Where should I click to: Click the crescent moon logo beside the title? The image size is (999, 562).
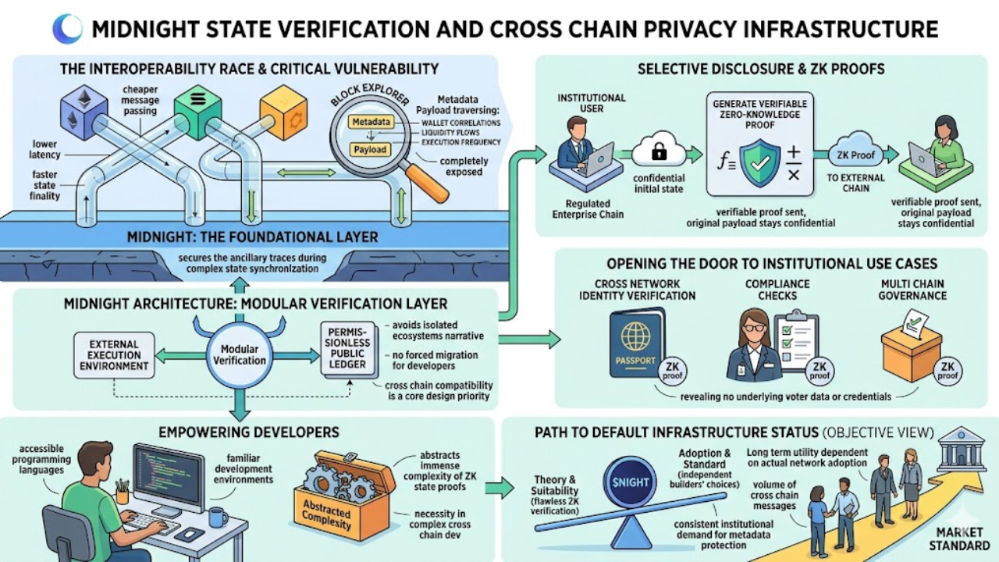point(67,29)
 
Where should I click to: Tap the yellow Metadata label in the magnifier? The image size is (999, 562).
point(371,123)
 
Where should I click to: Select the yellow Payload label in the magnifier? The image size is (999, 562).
point(369,149)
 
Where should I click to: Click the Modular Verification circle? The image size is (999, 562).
point(240,354)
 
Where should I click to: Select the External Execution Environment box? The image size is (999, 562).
point(113,354)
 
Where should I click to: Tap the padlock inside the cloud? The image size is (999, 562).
point(659,153)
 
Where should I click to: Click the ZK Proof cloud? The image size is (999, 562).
point(856,154)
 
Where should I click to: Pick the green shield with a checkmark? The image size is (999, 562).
point(759,162)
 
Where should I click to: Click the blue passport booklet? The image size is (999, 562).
point(637,343)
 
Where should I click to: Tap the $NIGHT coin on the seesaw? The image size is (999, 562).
point(631,482)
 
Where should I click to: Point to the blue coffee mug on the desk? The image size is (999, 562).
point(217,516)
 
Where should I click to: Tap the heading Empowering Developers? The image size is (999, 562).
point(248,432)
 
